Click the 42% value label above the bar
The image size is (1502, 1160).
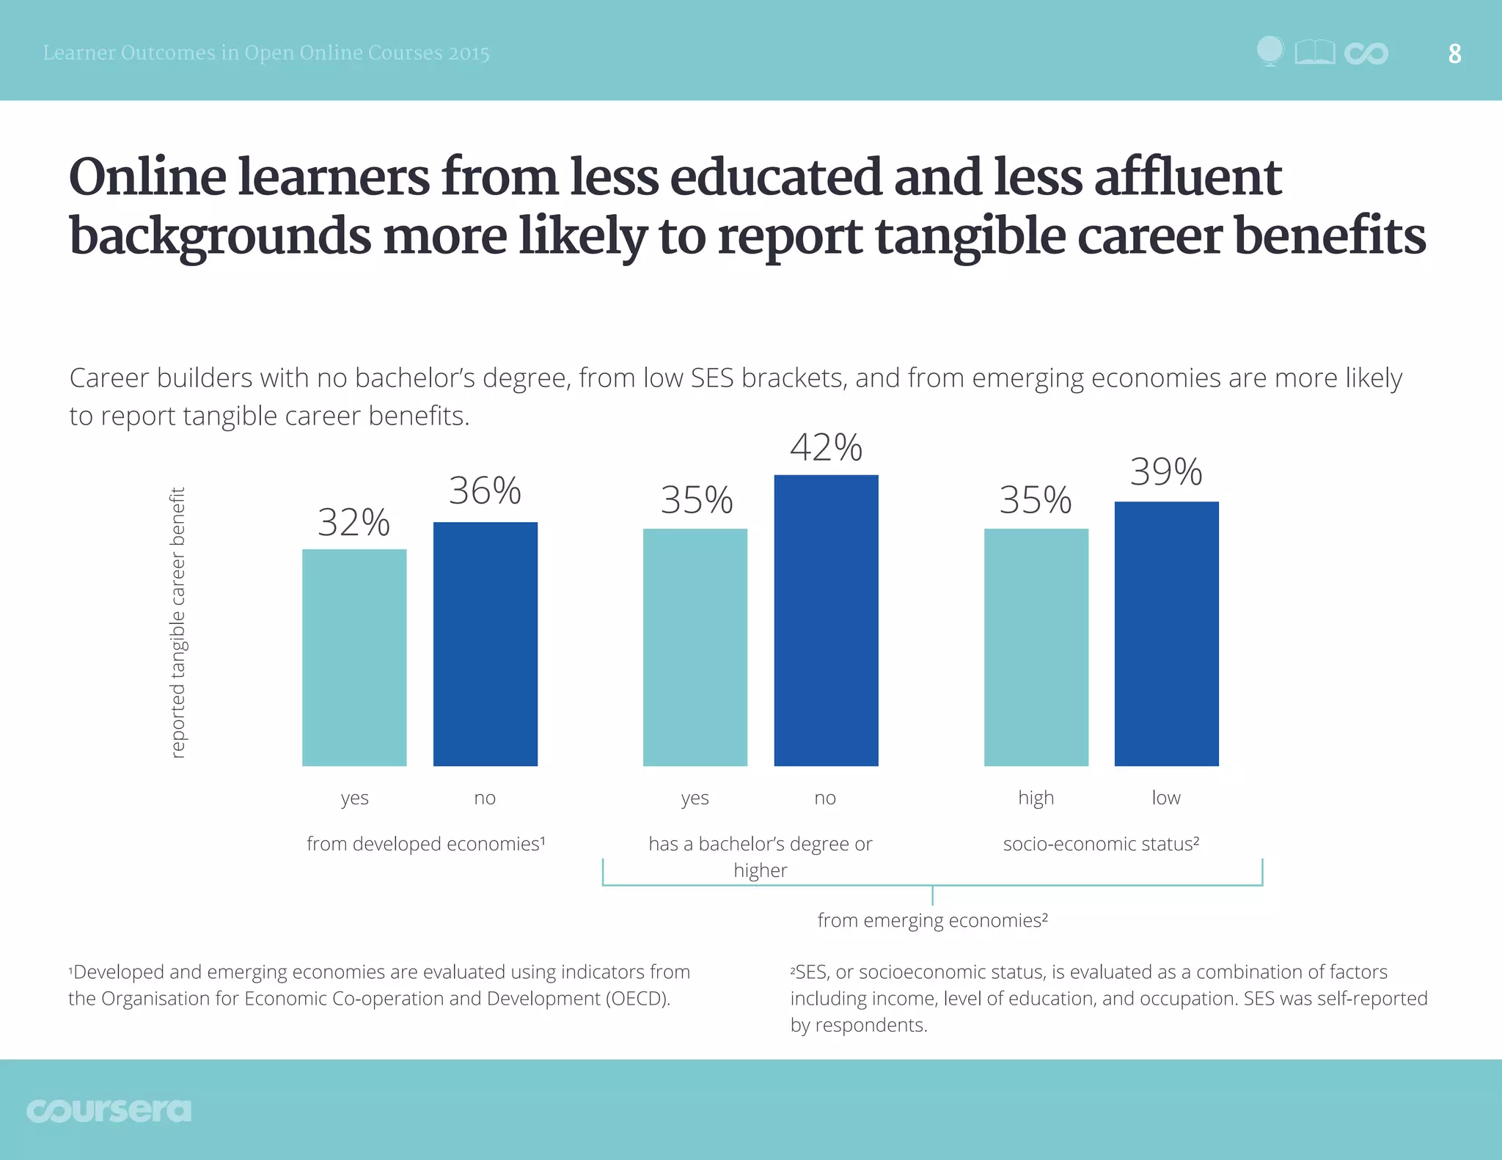tap(826, 447)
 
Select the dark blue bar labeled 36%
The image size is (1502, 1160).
tap(485, 644)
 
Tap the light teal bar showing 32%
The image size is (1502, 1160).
tap(354, 657)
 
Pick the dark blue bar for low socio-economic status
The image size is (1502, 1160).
tap(1166, 634)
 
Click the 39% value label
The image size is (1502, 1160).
tap(1165, 471)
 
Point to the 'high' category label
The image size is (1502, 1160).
tap(1036, 798)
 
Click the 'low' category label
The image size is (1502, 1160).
tap(1165, 798)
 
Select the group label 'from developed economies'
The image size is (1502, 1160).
tap(425, 844)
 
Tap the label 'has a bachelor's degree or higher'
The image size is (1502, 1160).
tap(760, 856)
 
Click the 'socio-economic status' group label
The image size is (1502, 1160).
tap(1101, 844)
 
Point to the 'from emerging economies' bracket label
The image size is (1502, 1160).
tap(932, 920)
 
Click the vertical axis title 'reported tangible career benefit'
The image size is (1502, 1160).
tap(177, 622)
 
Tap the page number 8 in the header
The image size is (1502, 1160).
tap(1454, 54)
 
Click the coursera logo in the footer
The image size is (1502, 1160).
tap(109, 1110)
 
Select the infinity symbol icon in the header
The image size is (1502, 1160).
tap(1366, 54)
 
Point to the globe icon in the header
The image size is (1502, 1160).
tap(1270, 51)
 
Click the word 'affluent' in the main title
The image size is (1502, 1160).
tap(1187, 177)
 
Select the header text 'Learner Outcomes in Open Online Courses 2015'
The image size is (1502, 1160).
tap(266, 54)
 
